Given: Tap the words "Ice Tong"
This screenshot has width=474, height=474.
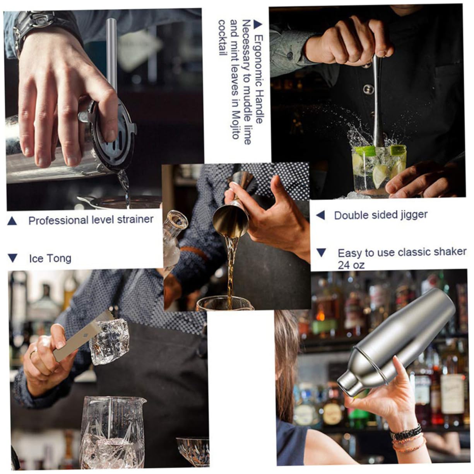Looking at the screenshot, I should pyautogui.click(x=50, y=258).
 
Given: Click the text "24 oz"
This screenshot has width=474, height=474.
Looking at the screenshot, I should pyautogui.click(x=351, y=265).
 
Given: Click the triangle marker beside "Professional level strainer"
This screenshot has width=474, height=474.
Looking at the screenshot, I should pyautogui.click(x=12, y=221).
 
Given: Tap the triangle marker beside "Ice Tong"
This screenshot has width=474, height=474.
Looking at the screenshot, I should pyautogui.click(x=12, y=258).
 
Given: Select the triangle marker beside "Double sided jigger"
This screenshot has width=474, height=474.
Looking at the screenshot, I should pyautogui.click(x=320, y=215).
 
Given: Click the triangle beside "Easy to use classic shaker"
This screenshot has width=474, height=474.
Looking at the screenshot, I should pyautogui.click(x=321, y=253).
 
